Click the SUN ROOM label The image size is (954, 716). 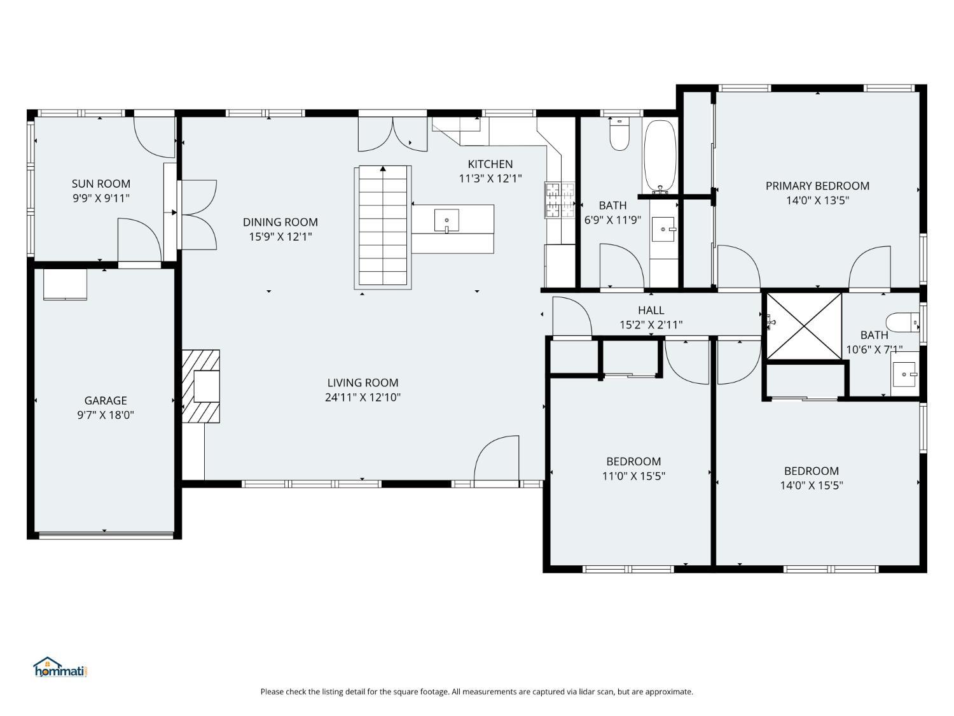tap(101, 183)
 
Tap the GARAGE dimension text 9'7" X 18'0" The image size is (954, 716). tap(105, 415)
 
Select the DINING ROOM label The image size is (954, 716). tap(280, 222)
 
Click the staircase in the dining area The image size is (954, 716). tap(382, 227)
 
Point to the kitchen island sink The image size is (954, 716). tap(446, 220)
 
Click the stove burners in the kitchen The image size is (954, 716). tap(560, 200)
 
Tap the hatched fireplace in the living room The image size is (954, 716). tap(200, 386)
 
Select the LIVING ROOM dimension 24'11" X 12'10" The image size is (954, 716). tap(363, 397)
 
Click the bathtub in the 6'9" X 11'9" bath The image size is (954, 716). tap(660, 157)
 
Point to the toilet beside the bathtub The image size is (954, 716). tap(619, 134)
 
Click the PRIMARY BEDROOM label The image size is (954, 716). tap(817, 186)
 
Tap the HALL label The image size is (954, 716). tap(651, 311)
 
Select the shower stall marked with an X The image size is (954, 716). tap(804, 326)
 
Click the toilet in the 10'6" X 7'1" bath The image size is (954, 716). tap(902, 323)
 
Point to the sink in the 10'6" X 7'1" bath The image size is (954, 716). tap(905, 374)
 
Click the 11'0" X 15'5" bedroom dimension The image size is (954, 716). tap(633, 476)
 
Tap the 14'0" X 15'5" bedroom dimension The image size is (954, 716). tap(811, 486)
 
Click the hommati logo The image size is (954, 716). tap(61, 667)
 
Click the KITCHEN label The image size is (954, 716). tap(490, 164)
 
